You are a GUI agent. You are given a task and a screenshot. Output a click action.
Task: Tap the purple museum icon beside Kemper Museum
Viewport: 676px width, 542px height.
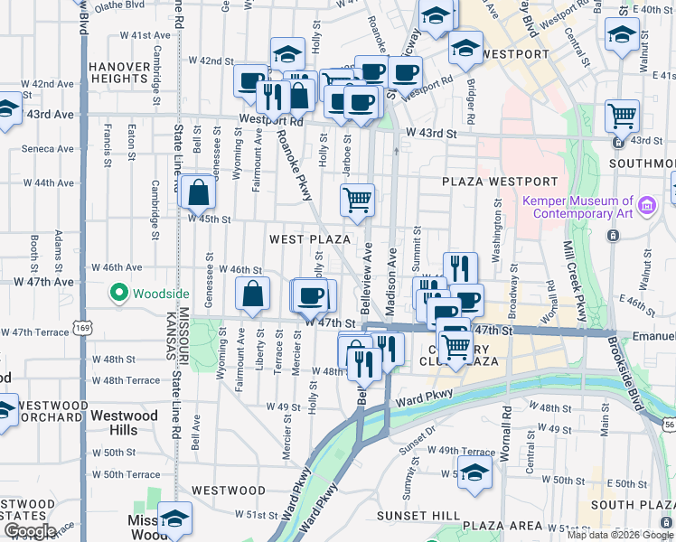pyautogui.click(x=646, y=207)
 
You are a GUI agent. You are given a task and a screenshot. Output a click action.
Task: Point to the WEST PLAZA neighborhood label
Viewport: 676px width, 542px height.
pyautogui.click(x=309, y=238)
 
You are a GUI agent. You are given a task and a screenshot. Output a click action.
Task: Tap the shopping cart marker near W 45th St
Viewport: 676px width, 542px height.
pyautogui.click(x=358, y=200)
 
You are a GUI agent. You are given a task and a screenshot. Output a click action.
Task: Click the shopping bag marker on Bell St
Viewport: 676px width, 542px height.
pyautogui.click(x=197, y=192)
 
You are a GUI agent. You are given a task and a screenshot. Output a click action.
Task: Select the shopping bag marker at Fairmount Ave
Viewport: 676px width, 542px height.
pyautogui.click(x=253, y=292)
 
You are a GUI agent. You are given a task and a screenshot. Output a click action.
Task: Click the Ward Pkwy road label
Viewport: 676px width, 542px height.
pyautogui.click(x=423, y=395)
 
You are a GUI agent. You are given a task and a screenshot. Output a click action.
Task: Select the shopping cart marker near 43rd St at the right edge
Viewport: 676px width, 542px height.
pyautogui.click(x=622, y=115)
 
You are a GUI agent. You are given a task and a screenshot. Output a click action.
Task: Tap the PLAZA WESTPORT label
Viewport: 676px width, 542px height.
pyautogui.click(x=487, y=182)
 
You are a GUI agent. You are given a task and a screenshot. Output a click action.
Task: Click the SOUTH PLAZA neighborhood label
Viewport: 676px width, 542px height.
pyautogui.click(x=629, y=505)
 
